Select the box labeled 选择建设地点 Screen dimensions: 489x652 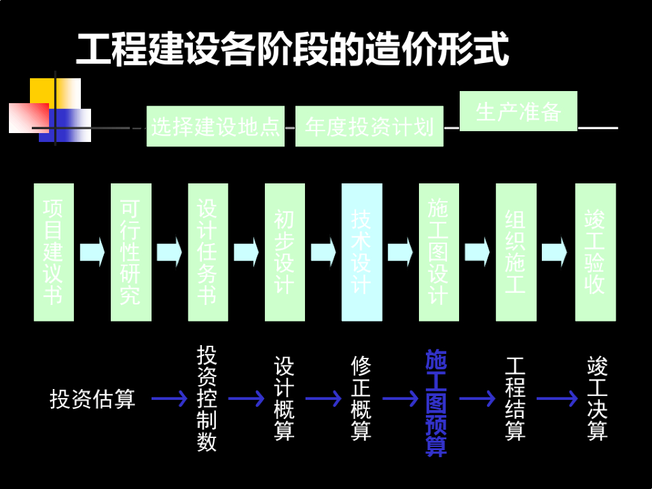215,126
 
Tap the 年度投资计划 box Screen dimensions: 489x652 369,126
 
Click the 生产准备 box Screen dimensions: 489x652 518,111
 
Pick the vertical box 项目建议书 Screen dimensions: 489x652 53,252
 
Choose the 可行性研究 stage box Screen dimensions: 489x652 131,252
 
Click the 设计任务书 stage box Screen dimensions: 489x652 208,252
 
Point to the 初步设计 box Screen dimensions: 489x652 285,252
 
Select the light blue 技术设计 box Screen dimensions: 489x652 362,252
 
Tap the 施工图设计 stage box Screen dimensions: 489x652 439,252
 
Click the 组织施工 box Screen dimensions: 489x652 516,252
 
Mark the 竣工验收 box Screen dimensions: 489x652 595,252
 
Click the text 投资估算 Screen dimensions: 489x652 92,399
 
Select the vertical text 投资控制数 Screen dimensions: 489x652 207,399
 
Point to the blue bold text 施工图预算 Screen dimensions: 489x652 436,402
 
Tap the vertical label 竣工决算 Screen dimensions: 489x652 597,399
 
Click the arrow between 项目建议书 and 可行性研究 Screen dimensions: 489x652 92,252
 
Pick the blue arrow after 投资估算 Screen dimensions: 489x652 169,399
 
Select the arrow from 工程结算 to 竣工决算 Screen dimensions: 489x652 556,399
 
